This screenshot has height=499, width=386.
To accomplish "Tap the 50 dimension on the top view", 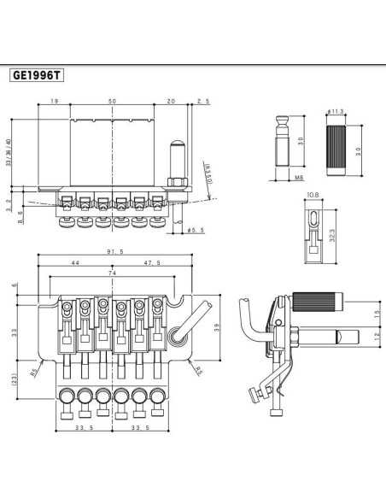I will tap(112, 102).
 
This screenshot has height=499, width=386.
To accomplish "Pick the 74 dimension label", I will tap(112, 273).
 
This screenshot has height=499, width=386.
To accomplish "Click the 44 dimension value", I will tap(75, 263).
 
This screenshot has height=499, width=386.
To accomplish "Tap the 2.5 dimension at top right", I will tap(202, 102).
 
